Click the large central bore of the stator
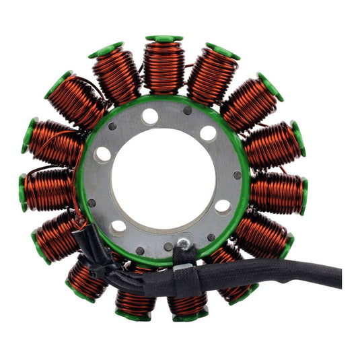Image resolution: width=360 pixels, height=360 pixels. coord(164,180)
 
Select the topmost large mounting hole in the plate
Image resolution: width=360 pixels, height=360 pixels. coord(150,116)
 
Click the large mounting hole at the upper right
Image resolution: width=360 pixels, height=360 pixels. coord(208,133)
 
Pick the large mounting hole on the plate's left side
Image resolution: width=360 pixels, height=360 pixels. coord(103,153)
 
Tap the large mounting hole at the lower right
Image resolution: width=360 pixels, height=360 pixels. coord(222,206)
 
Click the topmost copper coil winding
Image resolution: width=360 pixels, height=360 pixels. coord(164,67)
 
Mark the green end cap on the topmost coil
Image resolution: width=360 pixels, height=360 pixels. coord(164,39)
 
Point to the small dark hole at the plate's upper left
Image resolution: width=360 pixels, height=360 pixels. coord(112,126)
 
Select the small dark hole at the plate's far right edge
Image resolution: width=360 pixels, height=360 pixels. coord(238,175)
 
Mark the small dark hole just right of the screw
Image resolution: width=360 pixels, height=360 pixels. coord(210,238)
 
